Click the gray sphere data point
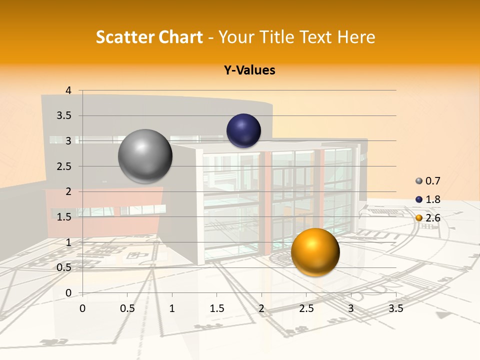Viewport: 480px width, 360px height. [x=145, y=156]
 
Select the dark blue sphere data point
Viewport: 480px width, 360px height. [x=243, y=131]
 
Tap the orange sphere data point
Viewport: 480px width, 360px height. [x=315, y=252]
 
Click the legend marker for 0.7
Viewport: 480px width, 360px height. [x=419, y=181]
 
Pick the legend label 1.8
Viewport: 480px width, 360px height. [x=433, y=199]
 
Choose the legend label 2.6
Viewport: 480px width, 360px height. [x=433, y=218]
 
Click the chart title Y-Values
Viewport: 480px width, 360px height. [x=249, y=70]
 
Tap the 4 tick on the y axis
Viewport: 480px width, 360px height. [x=68, y=90]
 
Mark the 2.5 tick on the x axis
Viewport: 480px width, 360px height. [x=306, y=308]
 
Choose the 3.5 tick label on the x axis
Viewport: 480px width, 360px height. [x=395, y=308]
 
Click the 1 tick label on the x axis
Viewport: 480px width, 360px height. [x=172, y=308]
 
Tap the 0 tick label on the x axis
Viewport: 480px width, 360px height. [x=82, y=308]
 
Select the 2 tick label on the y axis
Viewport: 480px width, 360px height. [x=68, y=191]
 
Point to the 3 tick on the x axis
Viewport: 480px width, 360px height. [x=351, y=308]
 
